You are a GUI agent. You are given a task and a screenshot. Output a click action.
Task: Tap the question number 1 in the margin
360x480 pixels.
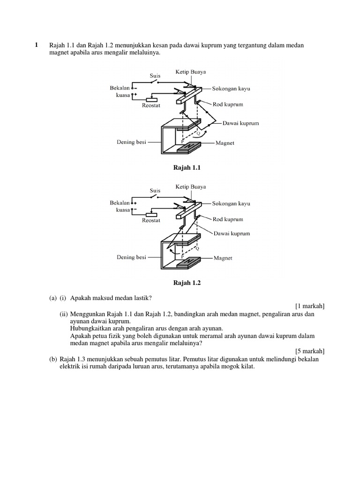[x=36, y=45]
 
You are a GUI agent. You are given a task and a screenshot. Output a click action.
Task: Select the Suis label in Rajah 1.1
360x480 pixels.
[x=155, y=75]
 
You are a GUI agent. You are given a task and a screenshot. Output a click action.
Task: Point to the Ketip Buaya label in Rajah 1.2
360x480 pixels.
[x=191, y=187]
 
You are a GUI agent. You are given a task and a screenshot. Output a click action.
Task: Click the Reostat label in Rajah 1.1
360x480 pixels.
[x=151, y=106]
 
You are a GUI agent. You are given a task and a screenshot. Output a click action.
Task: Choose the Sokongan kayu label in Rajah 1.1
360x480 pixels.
[x=231, y=88]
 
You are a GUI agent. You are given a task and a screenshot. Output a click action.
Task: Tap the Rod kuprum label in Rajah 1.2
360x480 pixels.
[x=228, y=219]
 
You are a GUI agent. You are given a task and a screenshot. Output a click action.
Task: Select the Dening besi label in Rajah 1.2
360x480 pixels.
[x=131, y=257]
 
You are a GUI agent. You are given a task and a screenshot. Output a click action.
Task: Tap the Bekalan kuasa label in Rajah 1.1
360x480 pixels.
[x=120, y=91]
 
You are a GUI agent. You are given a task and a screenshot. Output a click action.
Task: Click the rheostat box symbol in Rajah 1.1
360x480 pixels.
[x=152, y=99]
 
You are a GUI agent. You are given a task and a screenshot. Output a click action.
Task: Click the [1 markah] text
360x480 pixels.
[x=310, y=306]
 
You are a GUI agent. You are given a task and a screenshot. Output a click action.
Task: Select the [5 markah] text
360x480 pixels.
[x=310, y=351]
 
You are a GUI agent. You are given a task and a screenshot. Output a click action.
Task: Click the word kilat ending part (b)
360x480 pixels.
[x=247, y=367]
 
